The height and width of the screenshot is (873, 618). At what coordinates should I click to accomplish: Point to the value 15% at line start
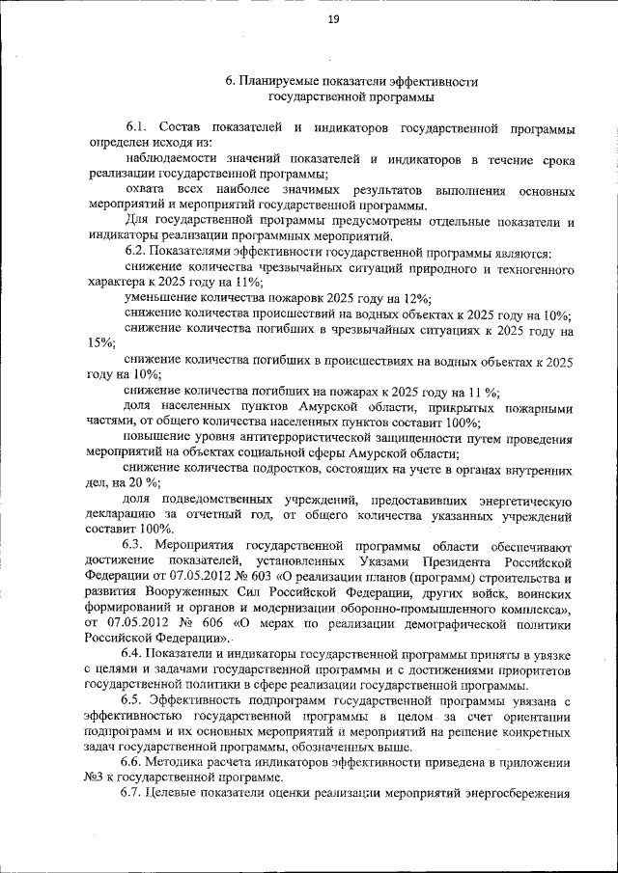(99, 343)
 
